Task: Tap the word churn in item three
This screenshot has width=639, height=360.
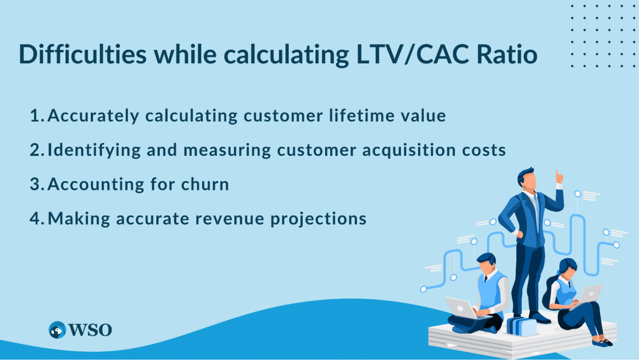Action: pyautogui.click(x=206, y=184)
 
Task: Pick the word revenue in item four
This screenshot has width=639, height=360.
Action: pyautogui.click(x=245, y=219)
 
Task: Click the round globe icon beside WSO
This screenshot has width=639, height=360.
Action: pyautogui.click(x=57, y=330)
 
